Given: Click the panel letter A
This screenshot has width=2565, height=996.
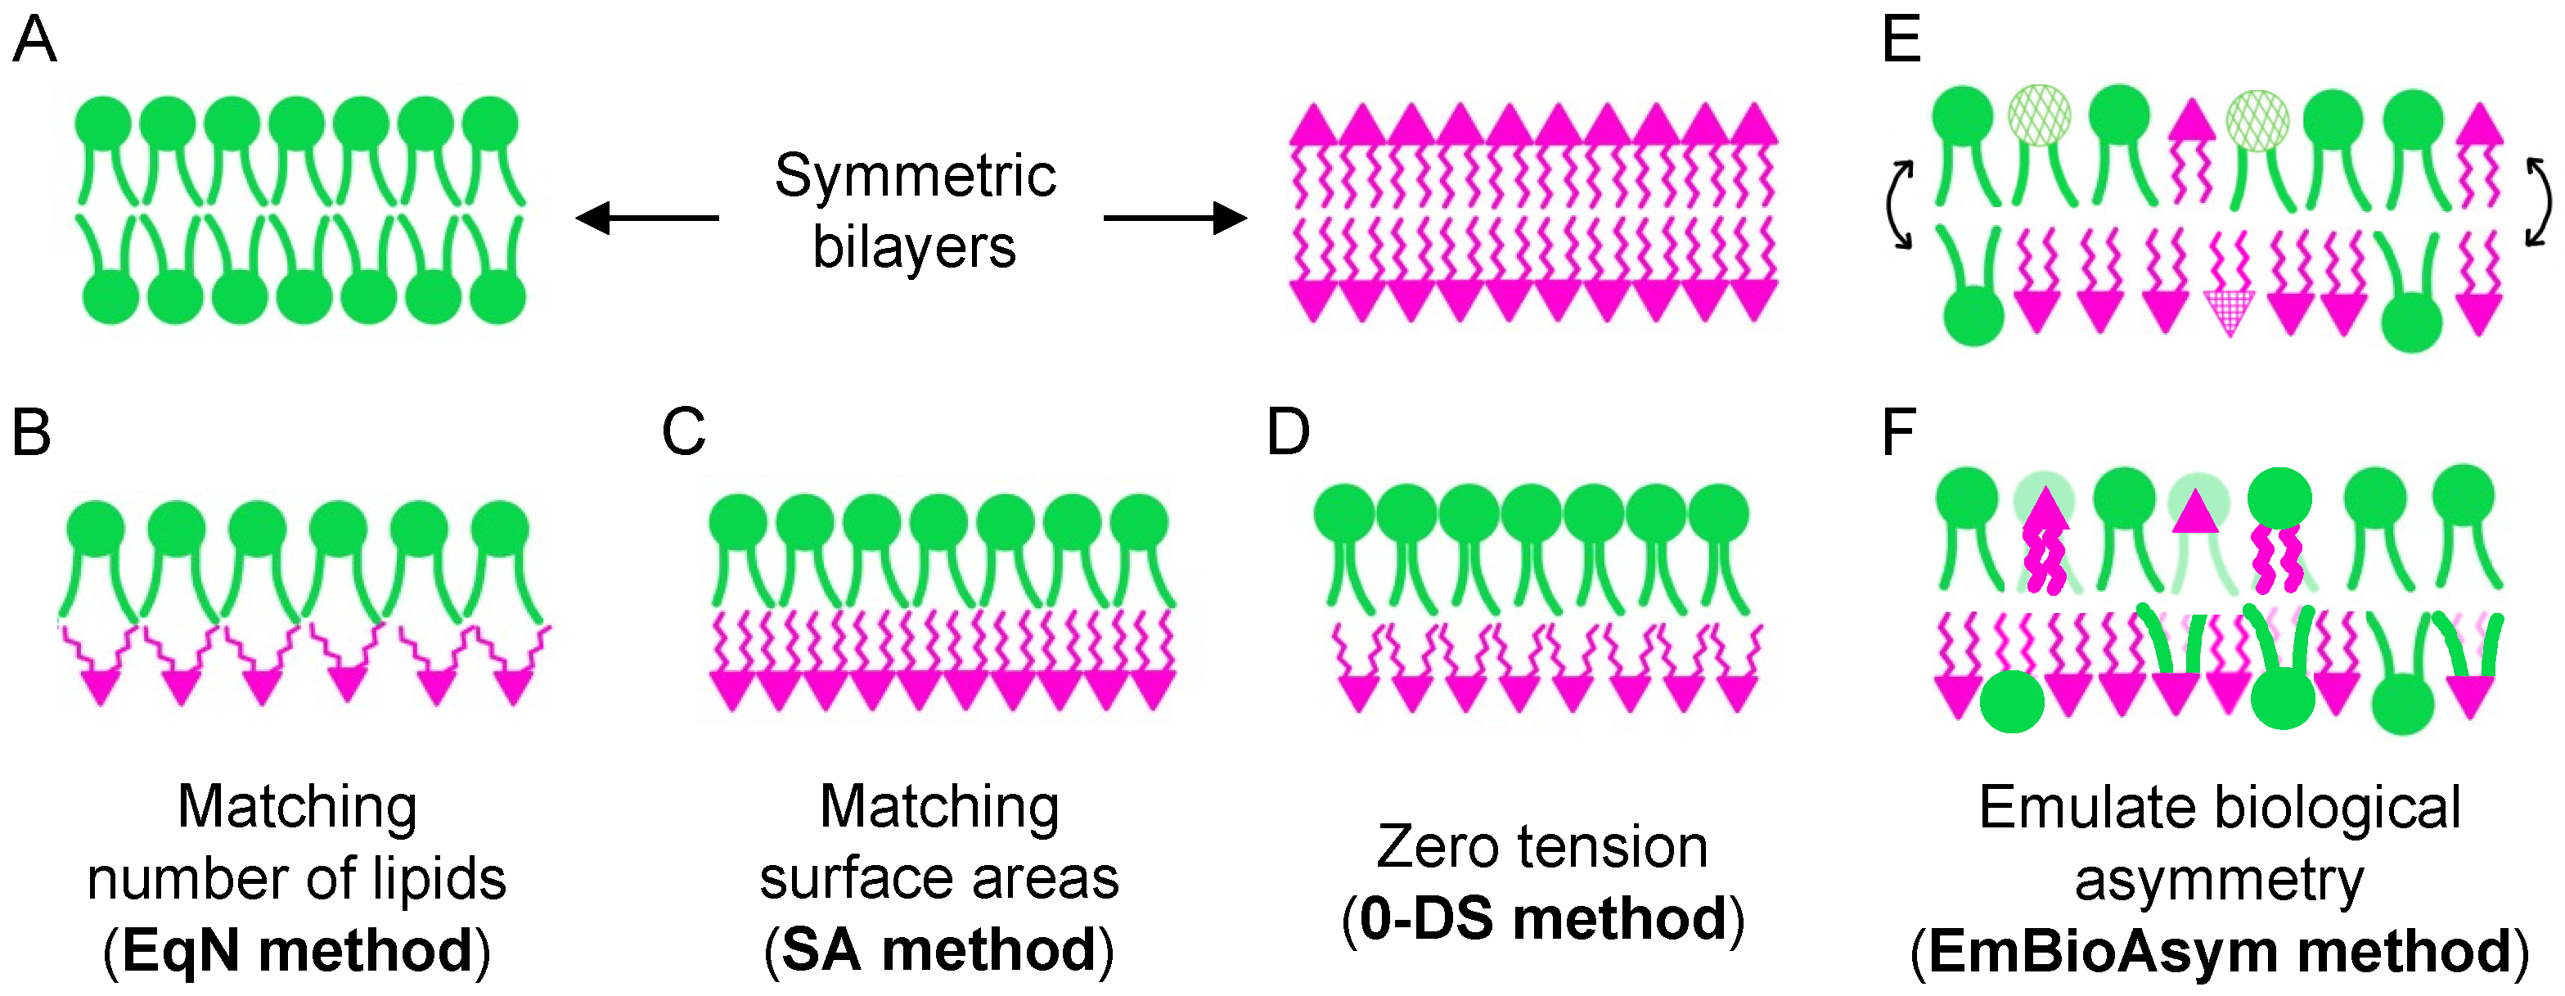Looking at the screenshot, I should [35, 41].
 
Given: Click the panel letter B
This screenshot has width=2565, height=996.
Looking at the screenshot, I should [31, 433].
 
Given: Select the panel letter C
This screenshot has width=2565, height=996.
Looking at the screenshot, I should [683, 433].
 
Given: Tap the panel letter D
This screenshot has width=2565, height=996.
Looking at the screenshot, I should [1288, 433].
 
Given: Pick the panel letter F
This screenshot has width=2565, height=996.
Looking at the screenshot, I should [1898, 433].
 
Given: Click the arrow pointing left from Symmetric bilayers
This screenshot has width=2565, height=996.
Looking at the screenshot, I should [647, 217].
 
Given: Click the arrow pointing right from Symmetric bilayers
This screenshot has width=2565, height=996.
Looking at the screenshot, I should [1175, 217].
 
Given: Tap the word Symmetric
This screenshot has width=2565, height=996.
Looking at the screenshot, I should [915, 176].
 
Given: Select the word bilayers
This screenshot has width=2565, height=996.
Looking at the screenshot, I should [914, 247].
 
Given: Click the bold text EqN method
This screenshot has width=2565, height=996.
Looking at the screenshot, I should [297, 950].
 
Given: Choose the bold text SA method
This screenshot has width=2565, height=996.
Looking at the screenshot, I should [939, 950].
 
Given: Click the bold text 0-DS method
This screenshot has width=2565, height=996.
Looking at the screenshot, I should [1542, 918].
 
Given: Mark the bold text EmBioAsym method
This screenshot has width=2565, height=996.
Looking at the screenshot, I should [2218, 951].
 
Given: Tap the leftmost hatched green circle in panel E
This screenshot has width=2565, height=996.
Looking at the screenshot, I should [2039, 115].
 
